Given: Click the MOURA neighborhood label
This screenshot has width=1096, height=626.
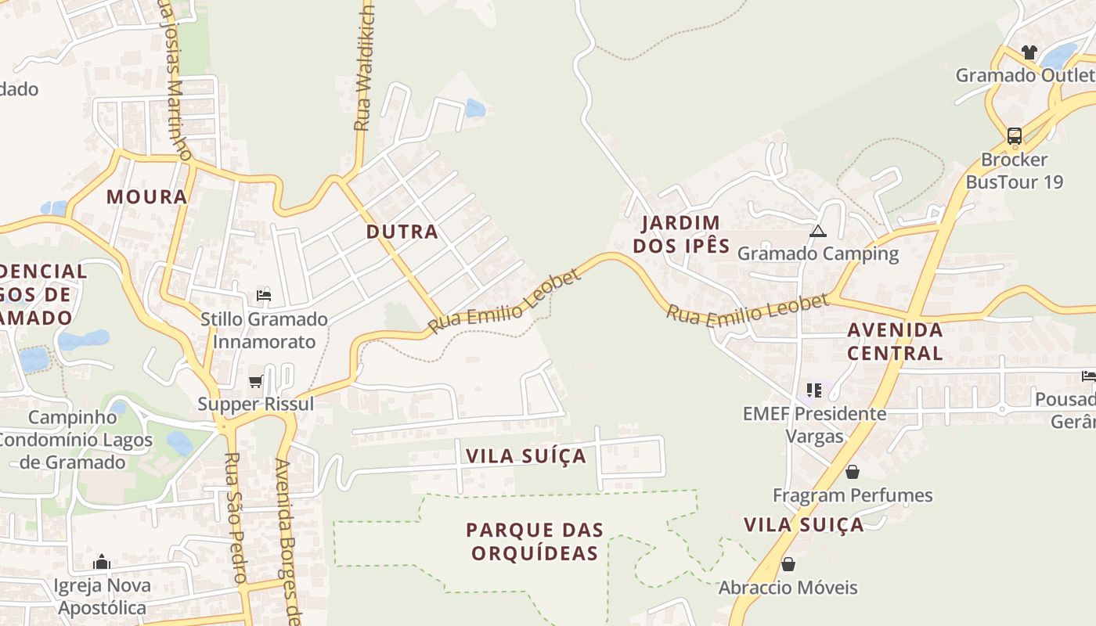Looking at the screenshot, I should (147, 196).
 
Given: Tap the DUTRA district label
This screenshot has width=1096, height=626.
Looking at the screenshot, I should (402, 232).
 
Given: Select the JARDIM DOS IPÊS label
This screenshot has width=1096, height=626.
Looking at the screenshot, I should (681, 235).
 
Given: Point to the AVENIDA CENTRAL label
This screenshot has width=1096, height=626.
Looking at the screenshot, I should (895, 341).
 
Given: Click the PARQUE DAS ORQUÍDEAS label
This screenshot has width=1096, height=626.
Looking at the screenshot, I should (535, 541).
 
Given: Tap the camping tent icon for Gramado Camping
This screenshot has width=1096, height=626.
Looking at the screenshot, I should (818, 231).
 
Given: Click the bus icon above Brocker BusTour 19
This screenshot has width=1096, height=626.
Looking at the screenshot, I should (1015, 136).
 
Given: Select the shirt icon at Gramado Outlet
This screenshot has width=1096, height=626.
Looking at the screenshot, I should (1029, 52).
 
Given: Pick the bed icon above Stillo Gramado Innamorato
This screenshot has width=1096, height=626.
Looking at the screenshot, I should (264, 296).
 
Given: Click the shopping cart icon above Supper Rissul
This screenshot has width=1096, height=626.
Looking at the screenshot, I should (255, 382).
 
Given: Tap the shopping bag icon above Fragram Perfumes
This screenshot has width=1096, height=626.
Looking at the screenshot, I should (853, 472).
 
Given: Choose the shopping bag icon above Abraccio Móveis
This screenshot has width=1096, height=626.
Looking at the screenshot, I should (788, 564).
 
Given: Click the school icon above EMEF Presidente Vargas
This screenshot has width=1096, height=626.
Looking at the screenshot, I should (814, 390).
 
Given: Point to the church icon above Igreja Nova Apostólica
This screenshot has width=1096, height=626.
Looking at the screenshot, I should (102, 562).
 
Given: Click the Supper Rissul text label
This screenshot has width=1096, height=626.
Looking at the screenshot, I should (255, 404).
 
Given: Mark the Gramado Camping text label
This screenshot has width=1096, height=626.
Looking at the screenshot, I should (818, 254).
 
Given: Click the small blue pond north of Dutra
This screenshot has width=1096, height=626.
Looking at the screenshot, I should (475, 108).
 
